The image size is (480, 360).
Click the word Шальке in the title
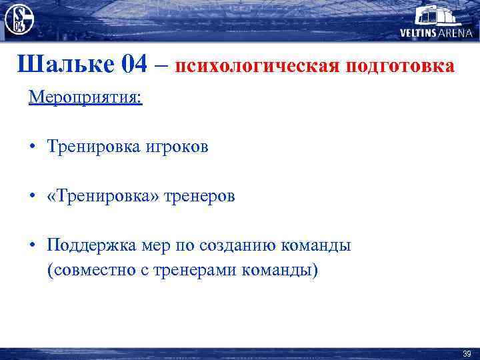pyautogui.click(x=66, y=65)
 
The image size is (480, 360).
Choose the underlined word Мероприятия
pyautogui.click(x=85, y=97)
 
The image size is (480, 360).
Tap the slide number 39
pyautogui.click(x=466, y=353)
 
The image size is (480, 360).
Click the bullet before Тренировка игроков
pyautogui.click(x=32, y=147)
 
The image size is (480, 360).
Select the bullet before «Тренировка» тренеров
pyautogui.click(x=32, y=196)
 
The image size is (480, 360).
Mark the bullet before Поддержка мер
pyautogui.click(x=32, y=245)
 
